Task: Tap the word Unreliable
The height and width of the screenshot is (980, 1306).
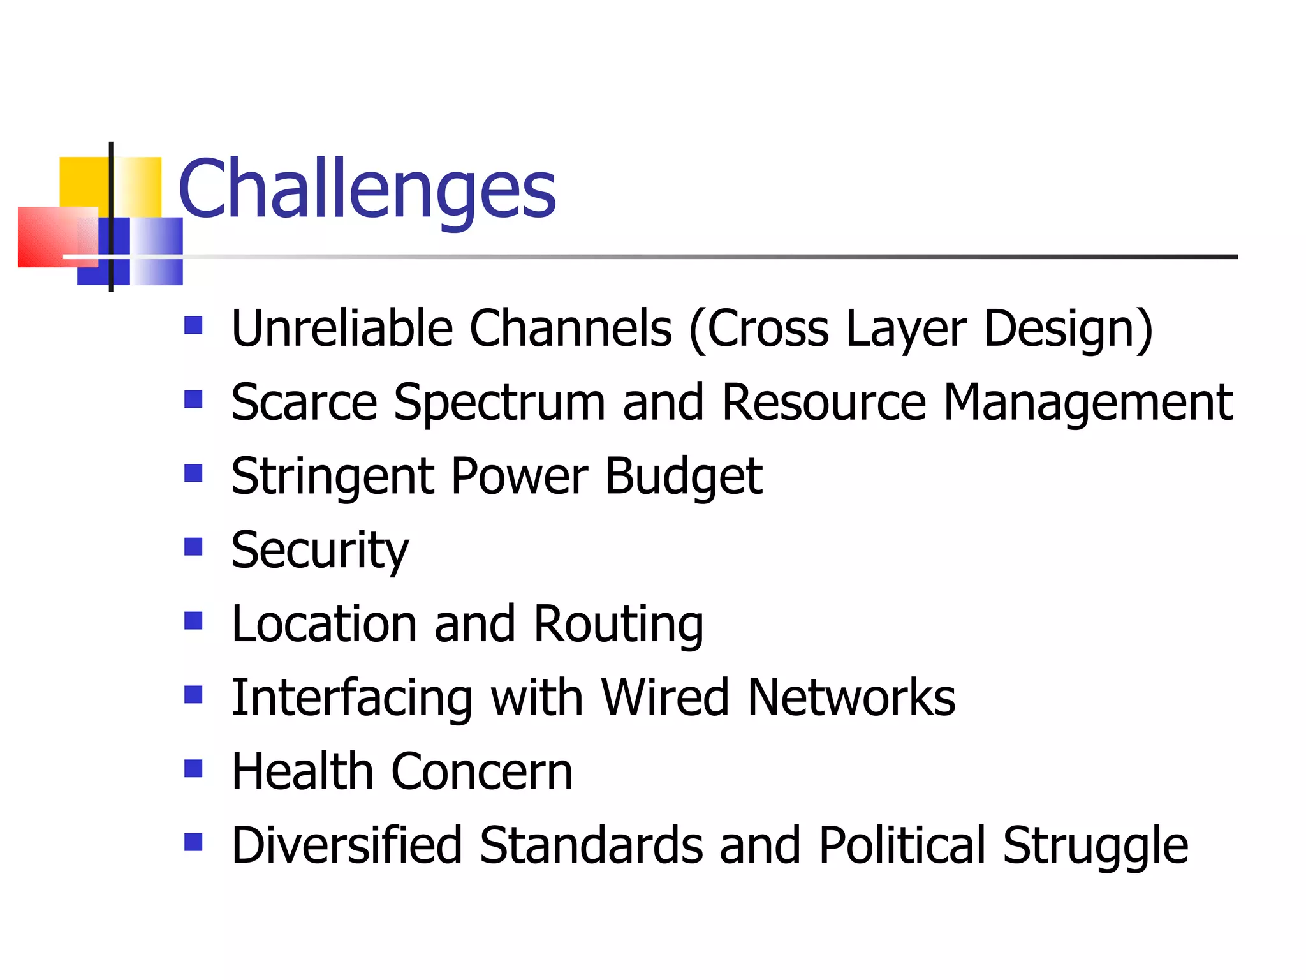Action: pos(342,329)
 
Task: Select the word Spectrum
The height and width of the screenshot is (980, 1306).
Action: pos(499,403)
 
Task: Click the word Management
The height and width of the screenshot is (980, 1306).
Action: pos(1087,403)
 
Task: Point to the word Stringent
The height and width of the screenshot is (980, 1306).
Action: pos(332,477)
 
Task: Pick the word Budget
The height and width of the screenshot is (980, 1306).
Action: pos(683,477)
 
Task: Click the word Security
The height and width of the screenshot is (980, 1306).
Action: pos(319,550)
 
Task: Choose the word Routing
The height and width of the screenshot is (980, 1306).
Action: pos(618,624)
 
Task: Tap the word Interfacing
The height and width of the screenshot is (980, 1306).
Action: pos(351,697)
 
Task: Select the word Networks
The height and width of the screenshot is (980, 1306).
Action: pos(851,697)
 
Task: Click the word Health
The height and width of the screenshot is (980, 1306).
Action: pos(302,771)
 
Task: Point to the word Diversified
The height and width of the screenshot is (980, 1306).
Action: pos(346,845)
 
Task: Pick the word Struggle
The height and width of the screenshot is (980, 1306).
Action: pos(1095,845)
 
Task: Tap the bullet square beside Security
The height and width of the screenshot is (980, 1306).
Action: pos(193,547)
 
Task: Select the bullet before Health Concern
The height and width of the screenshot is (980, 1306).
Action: pos(193,768)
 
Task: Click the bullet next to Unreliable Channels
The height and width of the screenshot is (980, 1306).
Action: pos(193,325)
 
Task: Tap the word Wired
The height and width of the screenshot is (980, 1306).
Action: pos(665,697)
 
